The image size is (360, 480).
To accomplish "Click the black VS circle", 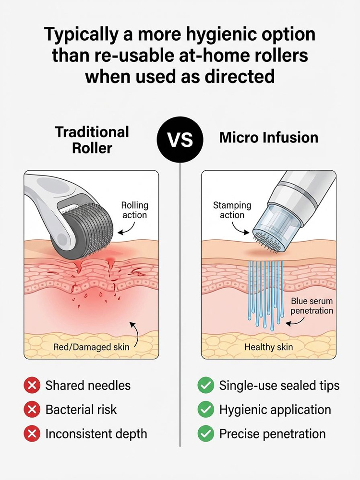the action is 180,140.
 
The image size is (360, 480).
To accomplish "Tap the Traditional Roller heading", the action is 92,140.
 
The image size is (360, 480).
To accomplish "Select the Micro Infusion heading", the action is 269,138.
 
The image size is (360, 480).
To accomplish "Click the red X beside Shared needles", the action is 32,386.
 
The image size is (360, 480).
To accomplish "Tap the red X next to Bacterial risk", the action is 32,410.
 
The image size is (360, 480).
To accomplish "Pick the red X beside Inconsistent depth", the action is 32,433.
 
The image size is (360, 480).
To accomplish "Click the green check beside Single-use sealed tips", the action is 206,386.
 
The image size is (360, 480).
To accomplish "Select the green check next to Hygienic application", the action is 206,410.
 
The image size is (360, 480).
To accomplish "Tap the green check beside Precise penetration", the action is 206,433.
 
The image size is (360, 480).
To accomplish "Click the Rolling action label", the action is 134,210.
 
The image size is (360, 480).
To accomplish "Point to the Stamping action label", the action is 232,210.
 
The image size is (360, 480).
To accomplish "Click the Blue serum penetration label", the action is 312,305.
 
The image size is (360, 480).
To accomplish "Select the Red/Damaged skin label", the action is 91,347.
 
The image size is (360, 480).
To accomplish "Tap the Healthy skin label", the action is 268,347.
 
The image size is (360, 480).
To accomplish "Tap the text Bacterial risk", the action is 81,410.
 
